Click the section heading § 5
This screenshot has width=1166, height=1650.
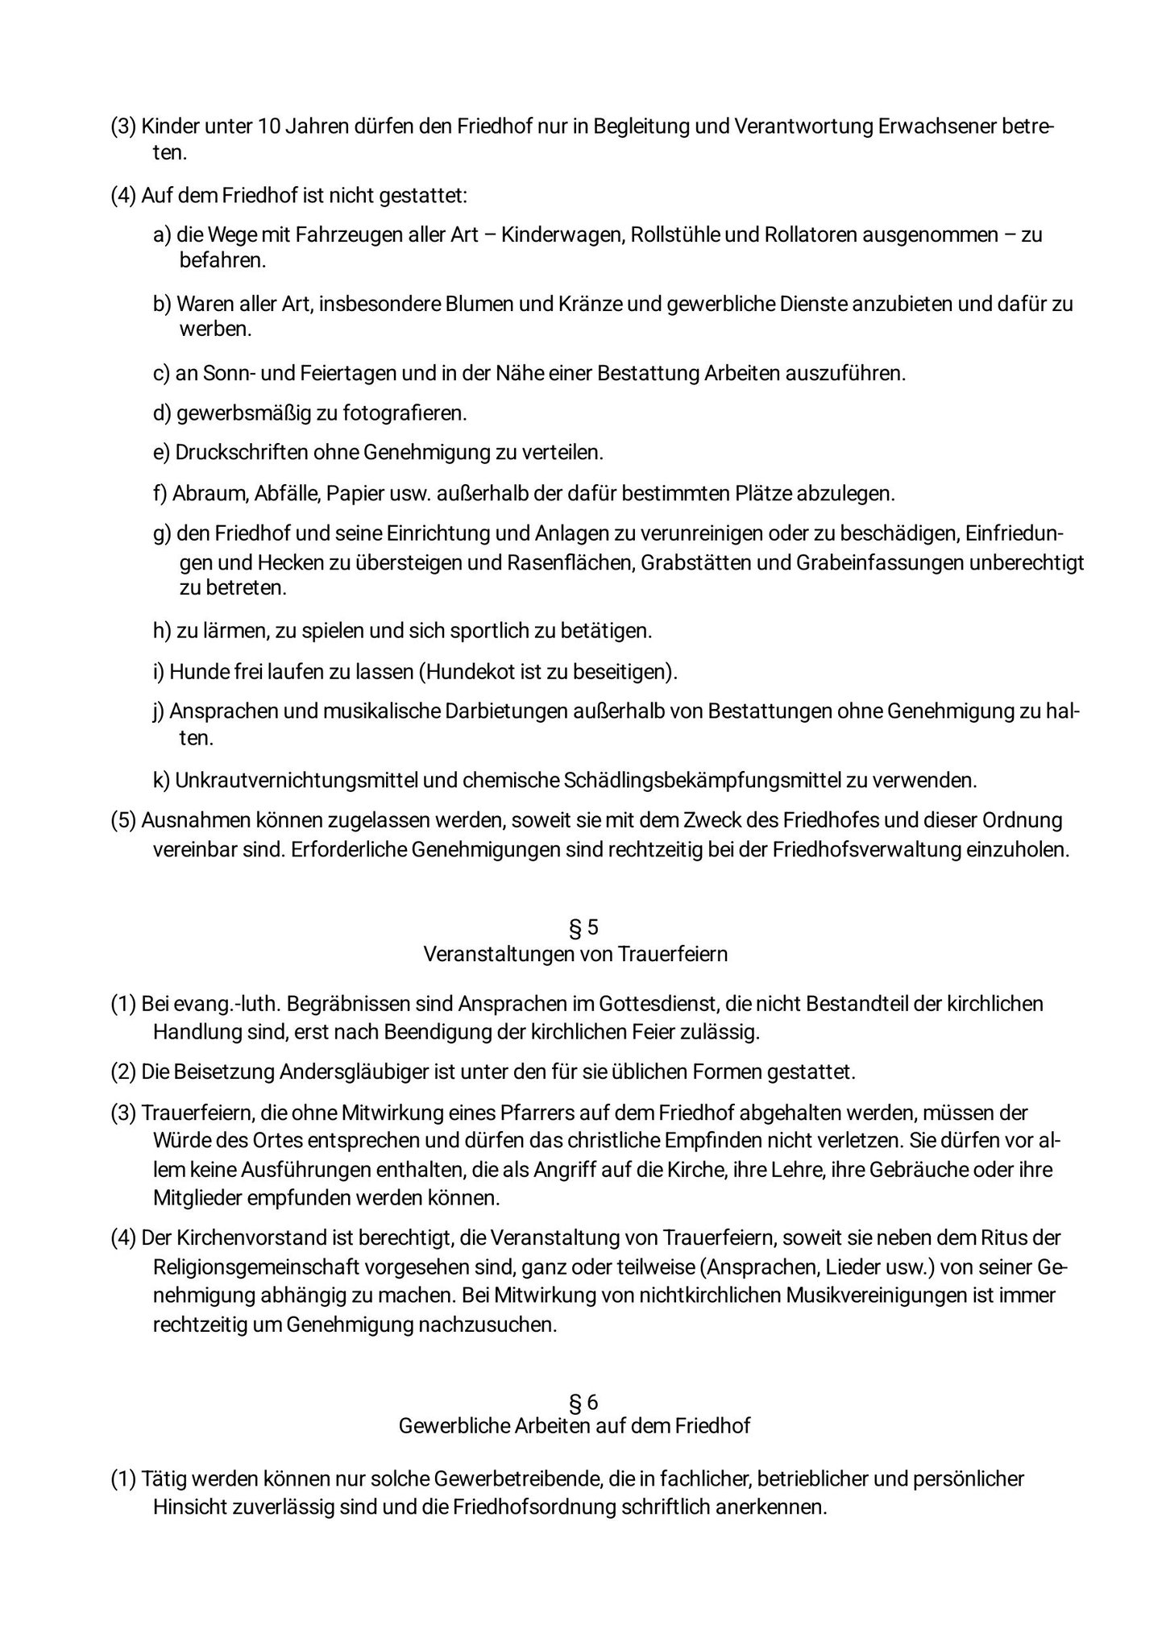click(583, 927)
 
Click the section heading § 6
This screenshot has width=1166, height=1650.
click(583, 1403)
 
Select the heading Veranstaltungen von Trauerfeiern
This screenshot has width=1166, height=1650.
click(575, 954)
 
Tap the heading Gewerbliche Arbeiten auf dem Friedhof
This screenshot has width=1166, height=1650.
click(575, 1426)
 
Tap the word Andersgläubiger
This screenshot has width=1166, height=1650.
click(346, 1073)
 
